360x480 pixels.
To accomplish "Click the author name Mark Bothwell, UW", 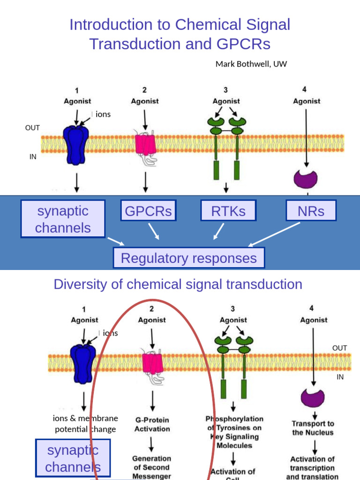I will tap(251, 64).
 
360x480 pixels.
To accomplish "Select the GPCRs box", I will tap(148, 211).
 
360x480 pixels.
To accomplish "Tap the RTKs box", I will tap(228, 211).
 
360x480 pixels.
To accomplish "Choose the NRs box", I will tap(311, 211).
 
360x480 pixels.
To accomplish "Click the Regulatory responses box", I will tap(189, 258).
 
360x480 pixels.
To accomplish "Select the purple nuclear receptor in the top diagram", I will tap(306, 179).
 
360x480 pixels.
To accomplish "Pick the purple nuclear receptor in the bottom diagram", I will tap(313, 397).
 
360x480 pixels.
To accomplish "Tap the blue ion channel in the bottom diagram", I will tap(83, 361).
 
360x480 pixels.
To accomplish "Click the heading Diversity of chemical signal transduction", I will tap(178, 285).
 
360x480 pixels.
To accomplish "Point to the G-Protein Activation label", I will tap(152, 425).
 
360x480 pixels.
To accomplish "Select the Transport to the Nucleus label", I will tap(313, 428).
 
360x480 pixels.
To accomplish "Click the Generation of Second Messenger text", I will tap(151, 467).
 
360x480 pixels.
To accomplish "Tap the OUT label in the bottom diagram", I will tap(339, 348).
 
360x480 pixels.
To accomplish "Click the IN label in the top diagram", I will tap(33, 157).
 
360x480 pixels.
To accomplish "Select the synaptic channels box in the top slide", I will tap(63, 219).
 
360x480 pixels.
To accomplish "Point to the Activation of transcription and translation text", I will tap(312, 468).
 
